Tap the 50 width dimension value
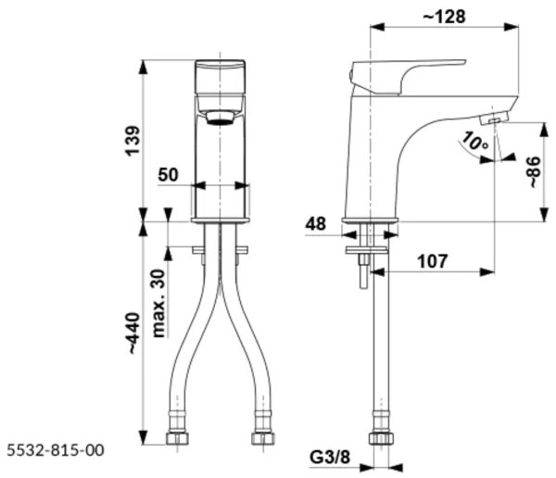click(169, 175)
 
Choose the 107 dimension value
click(433, 261)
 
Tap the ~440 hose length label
click(133, 333)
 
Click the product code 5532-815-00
click(54, 450)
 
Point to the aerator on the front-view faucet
click(219, 116)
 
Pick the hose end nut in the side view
click(377, 438)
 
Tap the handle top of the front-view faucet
click(220, 65)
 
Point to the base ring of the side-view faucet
click(370, 220)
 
